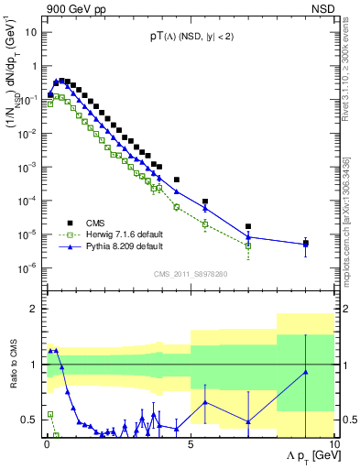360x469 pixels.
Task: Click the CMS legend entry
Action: [95, 221]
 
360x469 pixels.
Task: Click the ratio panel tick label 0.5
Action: [30, 420]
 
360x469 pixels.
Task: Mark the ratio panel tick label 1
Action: [35, 365]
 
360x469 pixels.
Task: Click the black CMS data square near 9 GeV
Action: [305, 244]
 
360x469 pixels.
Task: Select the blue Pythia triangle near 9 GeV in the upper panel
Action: [305, 245]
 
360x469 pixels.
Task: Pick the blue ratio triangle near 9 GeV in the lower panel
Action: [305, 372]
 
